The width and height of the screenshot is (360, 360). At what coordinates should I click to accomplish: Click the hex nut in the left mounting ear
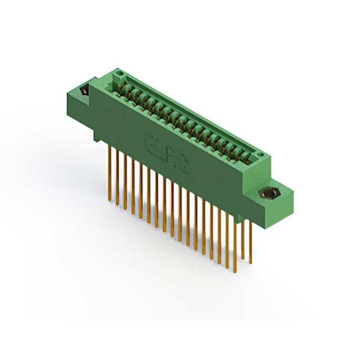84,91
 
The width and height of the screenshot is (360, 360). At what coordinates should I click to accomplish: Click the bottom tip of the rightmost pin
251,262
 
